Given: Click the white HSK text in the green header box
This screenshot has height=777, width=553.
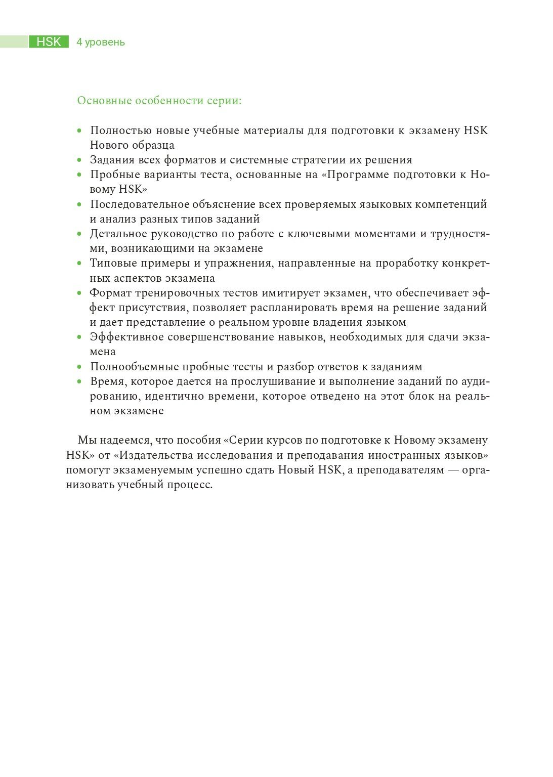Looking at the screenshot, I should tap(49, 42).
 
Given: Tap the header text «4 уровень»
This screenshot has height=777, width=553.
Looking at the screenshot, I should tap(101, 42).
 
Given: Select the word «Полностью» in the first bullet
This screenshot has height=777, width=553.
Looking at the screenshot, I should tap(120, 131).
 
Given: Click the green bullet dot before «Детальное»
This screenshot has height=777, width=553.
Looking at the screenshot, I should tap(79, 234).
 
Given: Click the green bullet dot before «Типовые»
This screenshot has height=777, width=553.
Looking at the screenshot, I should tap(79, 264).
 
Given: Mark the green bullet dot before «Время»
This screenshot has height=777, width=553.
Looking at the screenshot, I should tap(79, 382).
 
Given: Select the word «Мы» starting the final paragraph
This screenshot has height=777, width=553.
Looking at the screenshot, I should tap(85, 440).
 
